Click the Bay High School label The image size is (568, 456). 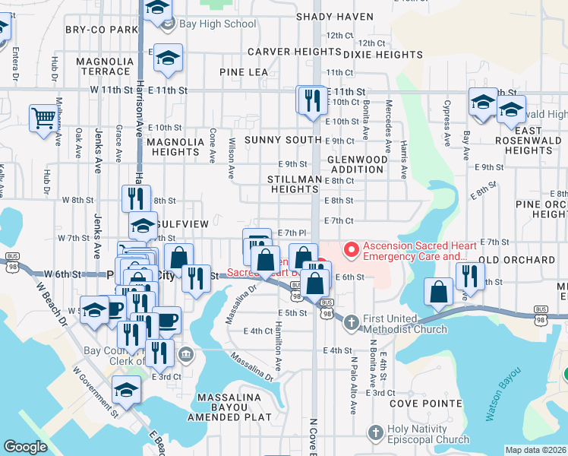217,24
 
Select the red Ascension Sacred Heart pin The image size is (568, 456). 351,249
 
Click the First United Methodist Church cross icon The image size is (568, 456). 352,323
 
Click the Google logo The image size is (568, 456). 25,447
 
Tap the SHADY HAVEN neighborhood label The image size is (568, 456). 335,17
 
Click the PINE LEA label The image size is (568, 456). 244,71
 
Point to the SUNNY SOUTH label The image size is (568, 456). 293,141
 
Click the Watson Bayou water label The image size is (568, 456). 504,395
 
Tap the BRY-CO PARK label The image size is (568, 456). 101,30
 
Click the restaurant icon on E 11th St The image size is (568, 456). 311,102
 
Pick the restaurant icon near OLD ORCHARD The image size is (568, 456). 470,277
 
